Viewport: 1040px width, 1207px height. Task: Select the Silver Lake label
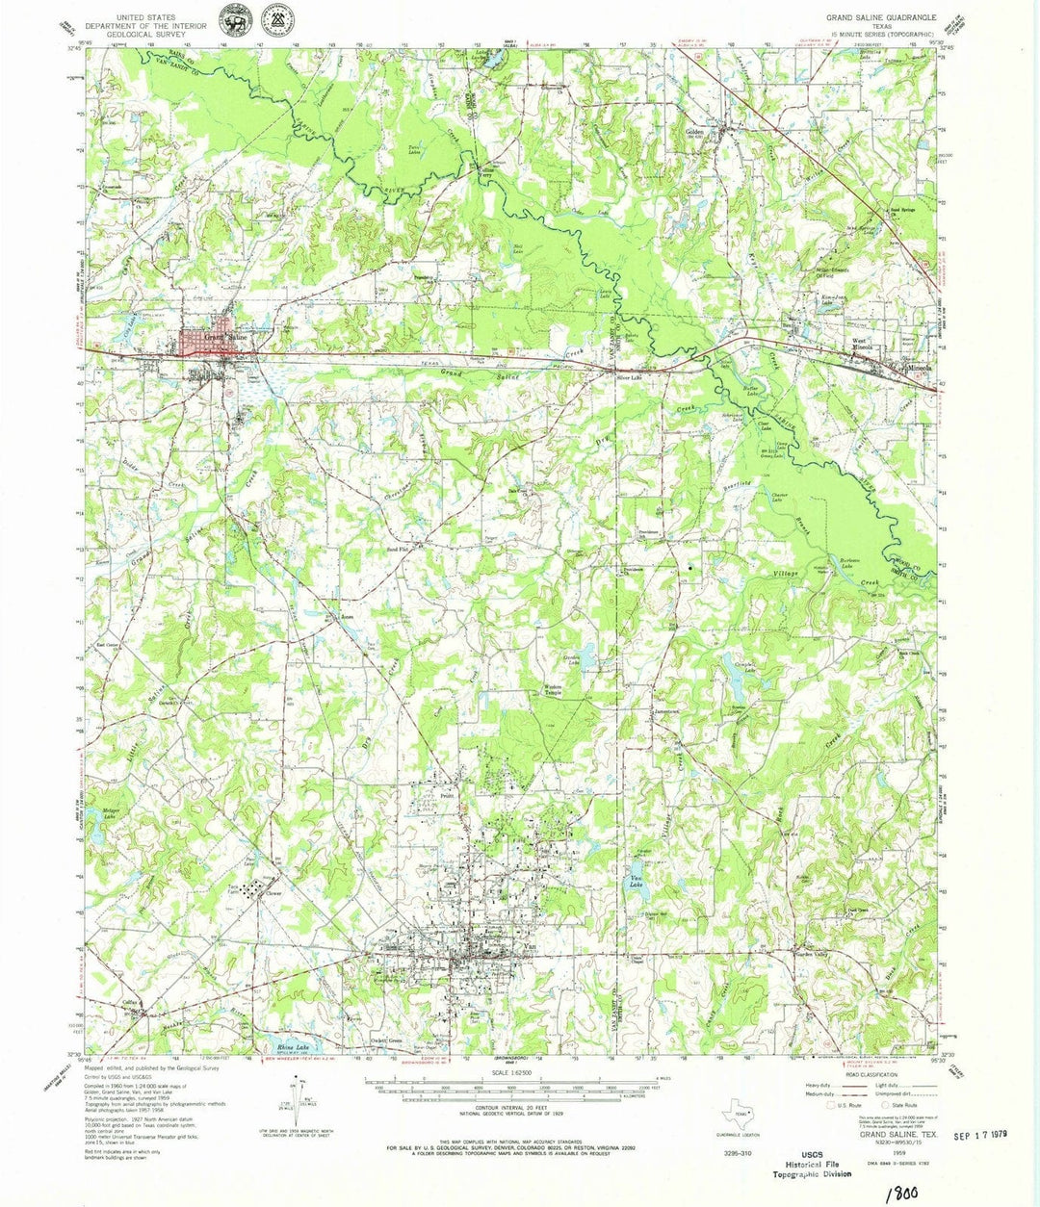click(x=629, y=378)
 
